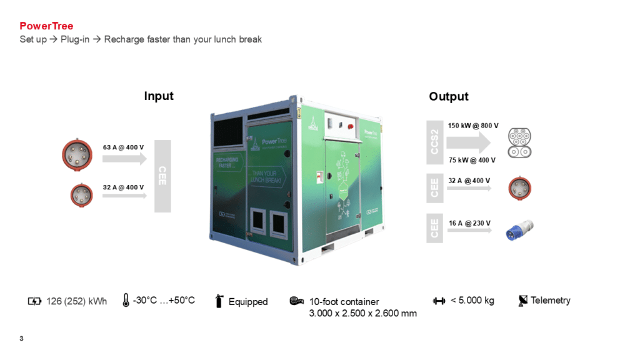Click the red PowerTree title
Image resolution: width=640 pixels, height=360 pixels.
click(x=46, y=26)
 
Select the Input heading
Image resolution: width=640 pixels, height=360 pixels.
click(x=159, y=96)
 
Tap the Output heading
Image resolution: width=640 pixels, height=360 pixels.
click(x=448, y=96)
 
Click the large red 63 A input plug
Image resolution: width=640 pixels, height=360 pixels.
click(x=76, y=154)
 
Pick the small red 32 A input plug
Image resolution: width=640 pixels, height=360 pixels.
click(x=81, y=194)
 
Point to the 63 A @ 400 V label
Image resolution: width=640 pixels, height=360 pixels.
click(x=123, y=147)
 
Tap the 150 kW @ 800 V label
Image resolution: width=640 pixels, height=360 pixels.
click(x=473, y=126)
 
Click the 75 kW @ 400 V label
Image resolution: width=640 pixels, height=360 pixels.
click(x=471, y=160)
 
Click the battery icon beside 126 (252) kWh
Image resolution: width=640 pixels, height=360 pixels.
click(x=34, y=301)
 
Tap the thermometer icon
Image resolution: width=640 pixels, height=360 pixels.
click(x=126, y=301)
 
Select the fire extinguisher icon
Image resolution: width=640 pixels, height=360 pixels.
click(x=219, y=301)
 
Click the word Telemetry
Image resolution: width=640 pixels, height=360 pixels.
click(x=550, y=301)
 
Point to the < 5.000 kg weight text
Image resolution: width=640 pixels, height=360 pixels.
click(x=472, y=301)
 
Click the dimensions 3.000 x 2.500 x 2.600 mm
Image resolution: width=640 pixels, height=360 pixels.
click(x=362, y=313)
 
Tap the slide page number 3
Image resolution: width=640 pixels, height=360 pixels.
click(x=22, y=339)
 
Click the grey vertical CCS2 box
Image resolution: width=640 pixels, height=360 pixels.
click(x=435, y=142)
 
